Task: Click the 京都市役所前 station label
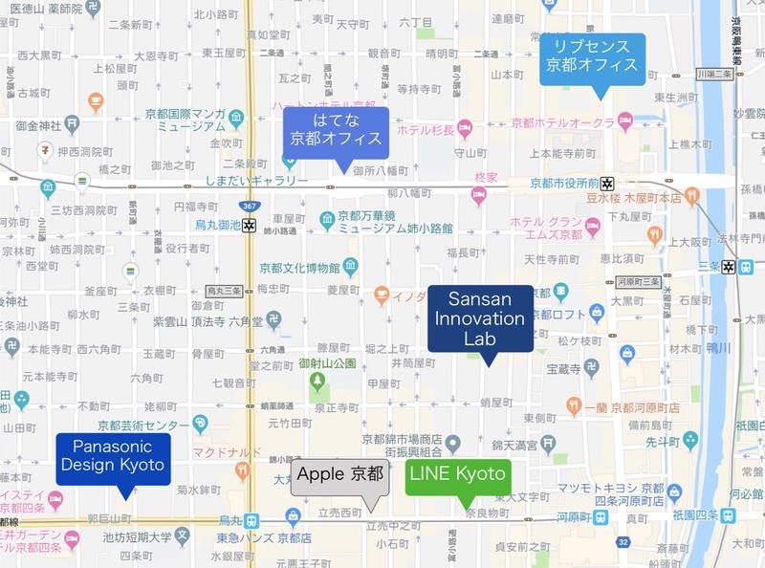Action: [x=563, y=183]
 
